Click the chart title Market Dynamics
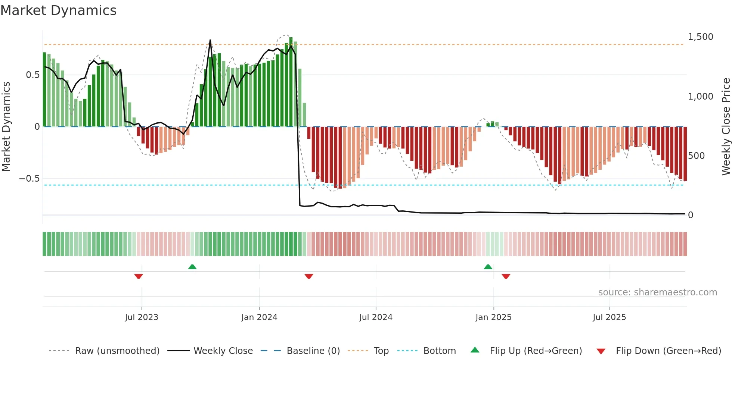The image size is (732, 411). (59, 10)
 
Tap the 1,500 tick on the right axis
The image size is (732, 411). (700, 37)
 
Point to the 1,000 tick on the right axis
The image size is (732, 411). (700, 97)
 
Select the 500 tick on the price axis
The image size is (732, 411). (696, 156)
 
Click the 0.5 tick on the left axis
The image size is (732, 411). (32, 75)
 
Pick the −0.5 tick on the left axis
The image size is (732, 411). (29, 179)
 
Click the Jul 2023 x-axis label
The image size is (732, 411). (142, 317)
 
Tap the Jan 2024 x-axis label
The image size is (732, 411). (259, 317)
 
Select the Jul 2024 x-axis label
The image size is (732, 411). (376, 317)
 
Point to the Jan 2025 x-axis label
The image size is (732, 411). (493, 317)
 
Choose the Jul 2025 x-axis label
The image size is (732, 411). (609, 317)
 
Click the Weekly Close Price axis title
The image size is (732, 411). (726, 126)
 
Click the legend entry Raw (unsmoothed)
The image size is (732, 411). (117, 351)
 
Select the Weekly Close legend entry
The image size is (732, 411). (223, 351)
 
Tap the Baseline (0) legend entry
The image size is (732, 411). (313, 351)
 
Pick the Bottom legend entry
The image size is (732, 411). (439, 351)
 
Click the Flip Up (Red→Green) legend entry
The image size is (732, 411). (536, 351)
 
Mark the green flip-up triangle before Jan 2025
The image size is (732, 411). (488, 267)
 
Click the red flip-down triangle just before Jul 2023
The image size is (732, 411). (139, 276)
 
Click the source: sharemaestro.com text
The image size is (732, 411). (657, 292)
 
